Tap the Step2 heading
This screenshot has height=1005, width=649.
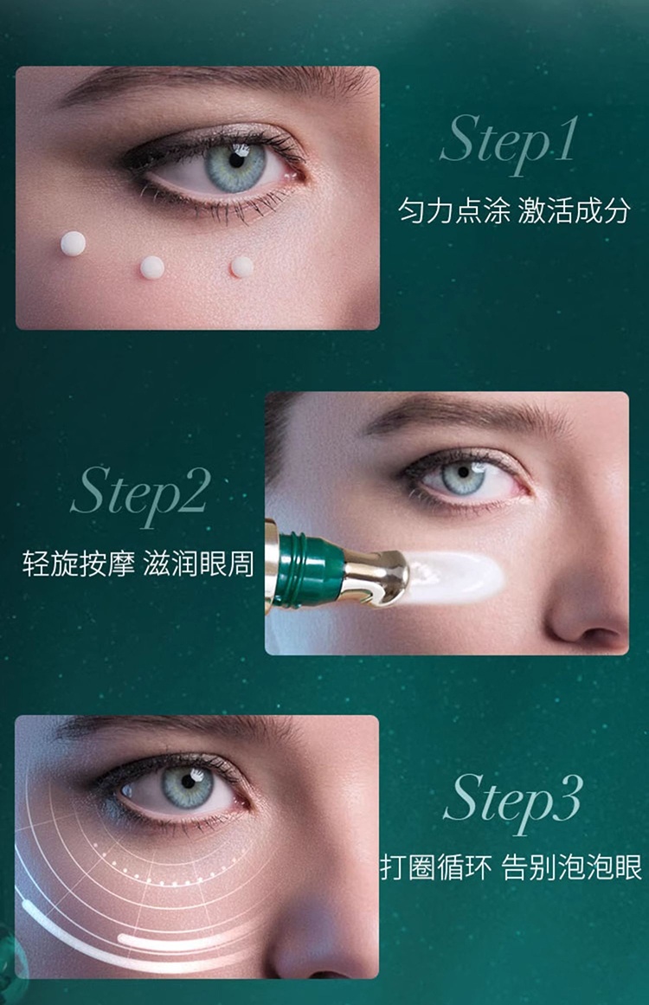click(x=140, y=495)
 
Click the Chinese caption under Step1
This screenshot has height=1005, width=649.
click(x=514, y=211)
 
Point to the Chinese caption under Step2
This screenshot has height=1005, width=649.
click(x=138, y=564)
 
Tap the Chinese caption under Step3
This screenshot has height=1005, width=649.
click(x=511, y=868)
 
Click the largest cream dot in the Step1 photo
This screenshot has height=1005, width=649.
click(x=73, y=243)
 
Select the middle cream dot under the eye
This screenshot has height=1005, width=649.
click(x=151, y=267)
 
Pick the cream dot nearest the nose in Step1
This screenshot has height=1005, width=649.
click(x=241, y=267)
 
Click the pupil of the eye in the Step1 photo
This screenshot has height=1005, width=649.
click(x=235, y=160)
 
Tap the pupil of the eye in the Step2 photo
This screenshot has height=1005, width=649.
click(x=463, y=473)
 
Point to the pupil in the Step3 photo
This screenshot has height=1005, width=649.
click(x=187, y=783)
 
